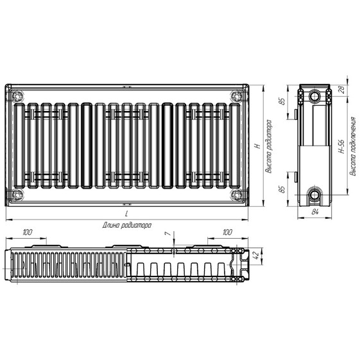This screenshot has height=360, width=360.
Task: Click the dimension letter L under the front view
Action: click(126, 214)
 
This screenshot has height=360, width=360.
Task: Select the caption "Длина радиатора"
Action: click(126, 225)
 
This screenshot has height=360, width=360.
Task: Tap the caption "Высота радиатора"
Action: click(268, 146)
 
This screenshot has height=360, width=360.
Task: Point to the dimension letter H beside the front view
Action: click(257, 146)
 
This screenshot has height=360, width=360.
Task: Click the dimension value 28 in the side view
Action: click(342, 89)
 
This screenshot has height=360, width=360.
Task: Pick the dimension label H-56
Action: click(341, 146)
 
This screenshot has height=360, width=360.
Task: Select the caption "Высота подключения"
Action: click(353, 146)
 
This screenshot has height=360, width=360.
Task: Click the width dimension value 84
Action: click(315, 212)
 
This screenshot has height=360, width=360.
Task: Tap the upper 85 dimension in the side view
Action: click(282, 101)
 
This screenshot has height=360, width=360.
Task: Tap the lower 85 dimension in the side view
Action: click(282, 189)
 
